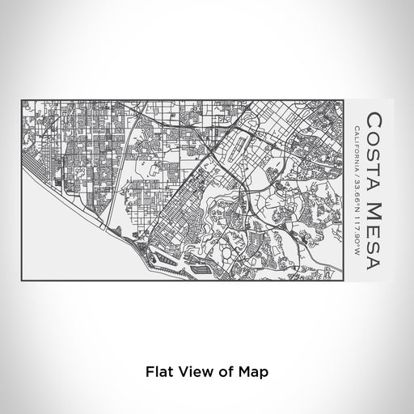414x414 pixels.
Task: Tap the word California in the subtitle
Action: click(357, 143)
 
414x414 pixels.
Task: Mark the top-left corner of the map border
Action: click(21, 100)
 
